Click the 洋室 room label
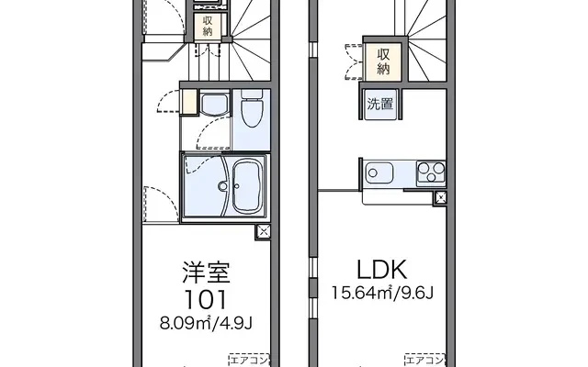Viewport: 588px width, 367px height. (x=204, y=272)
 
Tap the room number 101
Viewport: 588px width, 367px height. (x=204, y=299)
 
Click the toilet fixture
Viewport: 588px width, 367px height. (x=250, y=110)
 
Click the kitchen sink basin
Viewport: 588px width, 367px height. (x=378, y=172)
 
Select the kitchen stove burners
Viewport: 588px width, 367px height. (x=429, y=171)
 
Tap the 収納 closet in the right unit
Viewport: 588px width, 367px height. (x=384, y=61)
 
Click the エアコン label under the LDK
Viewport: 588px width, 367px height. (x=424, y=358)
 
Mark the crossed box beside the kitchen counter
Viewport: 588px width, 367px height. (x=440, y=197)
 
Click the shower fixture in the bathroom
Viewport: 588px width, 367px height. (x=221, y=186)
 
